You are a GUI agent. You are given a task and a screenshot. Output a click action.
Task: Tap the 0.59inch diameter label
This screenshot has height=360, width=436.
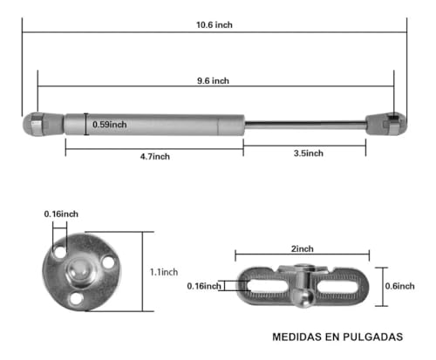pos(110,125)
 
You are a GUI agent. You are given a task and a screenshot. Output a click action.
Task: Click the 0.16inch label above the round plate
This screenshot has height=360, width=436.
pos(62,214)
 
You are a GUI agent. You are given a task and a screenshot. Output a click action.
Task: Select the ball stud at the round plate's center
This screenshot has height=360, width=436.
pos(78,273)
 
